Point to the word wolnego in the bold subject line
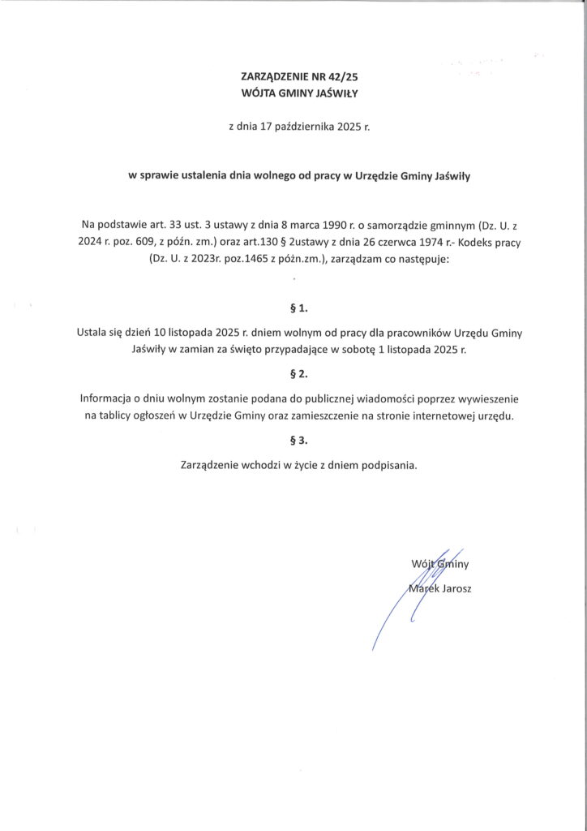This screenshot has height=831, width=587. point(266,175)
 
